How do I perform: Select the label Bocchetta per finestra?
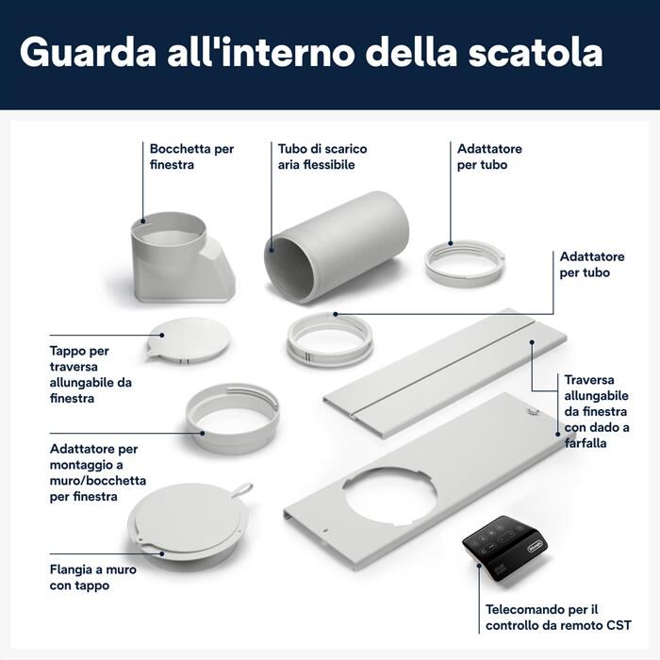(191, 157)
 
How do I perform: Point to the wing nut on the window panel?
(533, 411)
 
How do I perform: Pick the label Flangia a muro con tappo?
(93, 577)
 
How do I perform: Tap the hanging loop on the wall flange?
(243, 489)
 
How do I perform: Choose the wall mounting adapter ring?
(232, 416)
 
